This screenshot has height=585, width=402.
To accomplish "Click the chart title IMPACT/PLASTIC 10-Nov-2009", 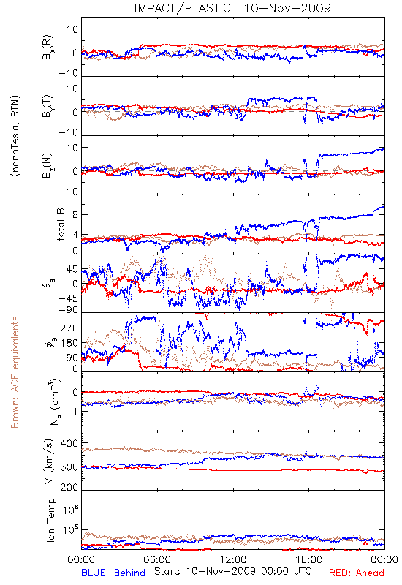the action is tap(232, 8).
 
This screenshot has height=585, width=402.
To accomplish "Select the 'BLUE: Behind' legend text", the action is tap(113, 573).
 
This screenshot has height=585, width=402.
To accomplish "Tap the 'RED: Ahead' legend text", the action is tap(357, 573).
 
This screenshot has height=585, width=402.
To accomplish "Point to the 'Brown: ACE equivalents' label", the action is tap(15, 372).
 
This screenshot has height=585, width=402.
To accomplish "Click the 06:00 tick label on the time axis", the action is tap(157, 559).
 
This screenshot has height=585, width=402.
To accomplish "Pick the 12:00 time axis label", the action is tap(233, 559).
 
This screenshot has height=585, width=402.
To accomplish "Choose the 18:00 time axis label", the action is tap(309, 559).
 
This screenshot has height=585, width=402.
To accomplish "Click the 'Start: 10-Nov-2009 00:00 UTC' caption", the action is tap(232, 571).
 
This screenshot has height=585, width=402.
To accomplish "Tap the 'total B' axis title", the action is tap(61, 224).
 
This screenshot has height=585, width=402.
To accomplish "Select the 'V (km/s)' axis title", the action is tap(49, 461).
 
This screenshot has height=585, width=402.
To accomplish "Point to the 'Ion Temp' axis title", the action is tap(50, 520).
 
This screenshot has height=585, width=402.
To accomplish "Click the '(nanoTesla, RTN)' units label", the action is tap(15, 136).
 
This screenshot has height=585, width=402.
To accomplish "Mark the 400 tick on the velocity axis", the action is tap(69, 443).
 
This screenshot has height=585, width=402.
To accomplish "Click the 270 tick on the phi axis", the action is tap(69, 328).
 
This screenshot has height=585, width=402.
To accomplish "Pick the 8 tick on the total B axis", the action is tap(75, 214).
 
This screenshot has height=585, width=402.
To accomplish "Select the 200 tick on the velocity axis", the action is tap(69, 487).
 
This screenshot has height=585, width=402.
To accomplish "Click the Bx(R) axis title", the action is tap(48, 48).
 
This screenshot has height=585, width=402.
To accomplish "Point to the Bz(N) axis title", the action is tap(48, 165).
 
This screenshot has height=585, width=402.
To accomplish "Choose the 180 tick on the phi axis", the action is tap(69, 343).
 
